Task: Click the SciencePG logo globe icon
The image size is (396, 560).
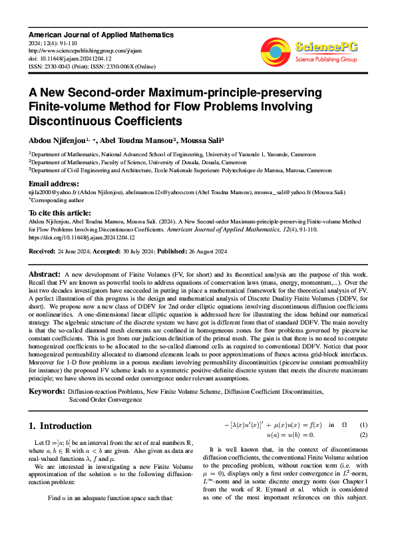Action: click(x=276, y=49)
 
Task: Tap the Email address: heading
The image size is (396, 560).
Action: click(x=53, y=184)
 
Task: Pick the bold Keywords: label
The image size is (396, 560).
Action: click(x=47, y=392)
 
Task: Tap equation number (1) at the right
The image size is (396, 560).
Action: click(x=363, y=425)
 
